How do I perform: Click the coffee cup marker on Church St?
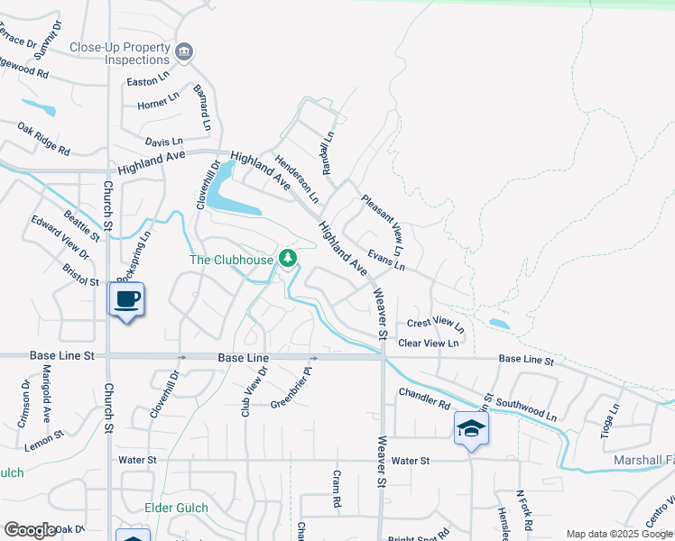pos(125,298)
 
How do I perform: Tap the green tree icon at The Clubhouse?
pos(288,260)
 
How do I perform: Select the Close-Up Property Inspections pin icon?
pos(184,52)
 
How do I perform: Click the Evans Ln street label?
pos(385,260)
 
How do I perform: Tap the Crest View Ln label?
pos(435,324)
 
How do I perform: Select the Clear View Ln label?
pos(429,343)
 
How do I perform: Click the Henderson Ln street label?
pos(298,178)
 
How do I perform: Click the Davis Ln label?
pos(163,142)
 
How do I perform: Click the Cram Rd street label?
pos(336,488)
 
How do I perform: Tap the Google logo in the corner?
pos(30,530)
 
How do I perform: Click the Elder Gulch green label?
pos(176,509)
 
